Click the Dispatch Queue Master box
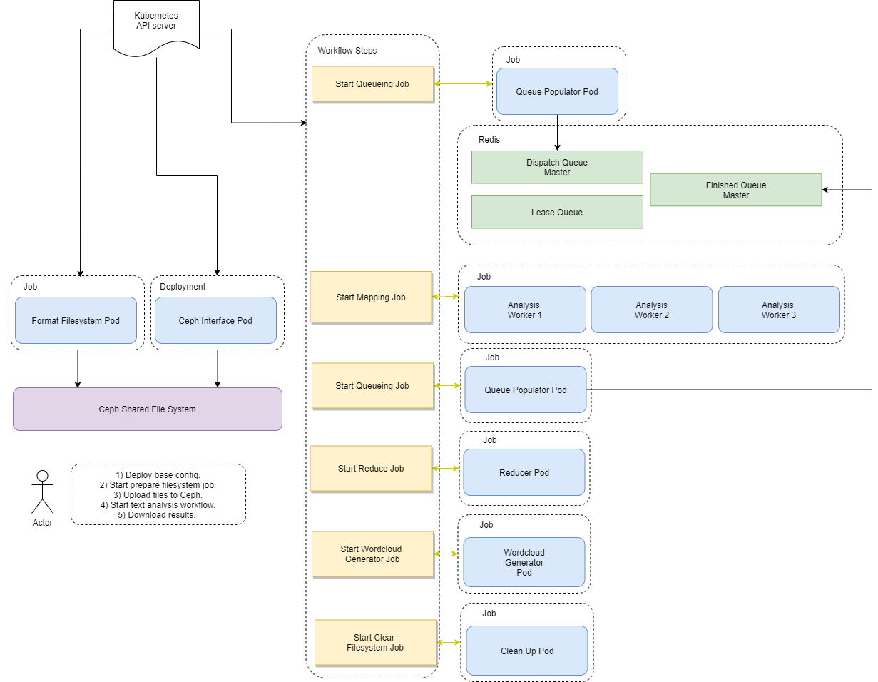(557, 167)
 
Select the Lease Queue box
(557, 212)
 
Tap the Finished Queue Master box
(735, 190)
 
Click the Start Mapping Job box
(371, 297)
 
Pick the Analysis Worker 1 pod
(525, 310)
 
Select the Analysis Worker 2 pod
(651, 310)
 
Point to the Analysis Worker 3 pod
(779, 310)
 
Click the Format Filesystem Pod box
(76, 320)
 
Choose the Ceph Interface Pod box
(215, 320)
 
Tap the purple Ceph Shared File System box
(148, 409)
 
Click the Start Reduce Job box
(371, 468)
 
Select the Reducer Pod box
(524, 472)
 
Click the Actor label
(43, 523)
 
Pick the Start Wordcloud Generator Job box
(372, 554)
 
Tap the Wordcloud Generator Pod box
(524, 562)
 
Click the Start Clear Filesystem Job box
(375, 642)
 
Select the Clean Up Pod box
(527, 651)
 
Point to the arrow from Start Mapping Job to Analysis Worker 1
(446, 297)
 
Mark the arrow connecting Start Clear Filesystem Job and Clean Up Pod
(449, 642)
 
